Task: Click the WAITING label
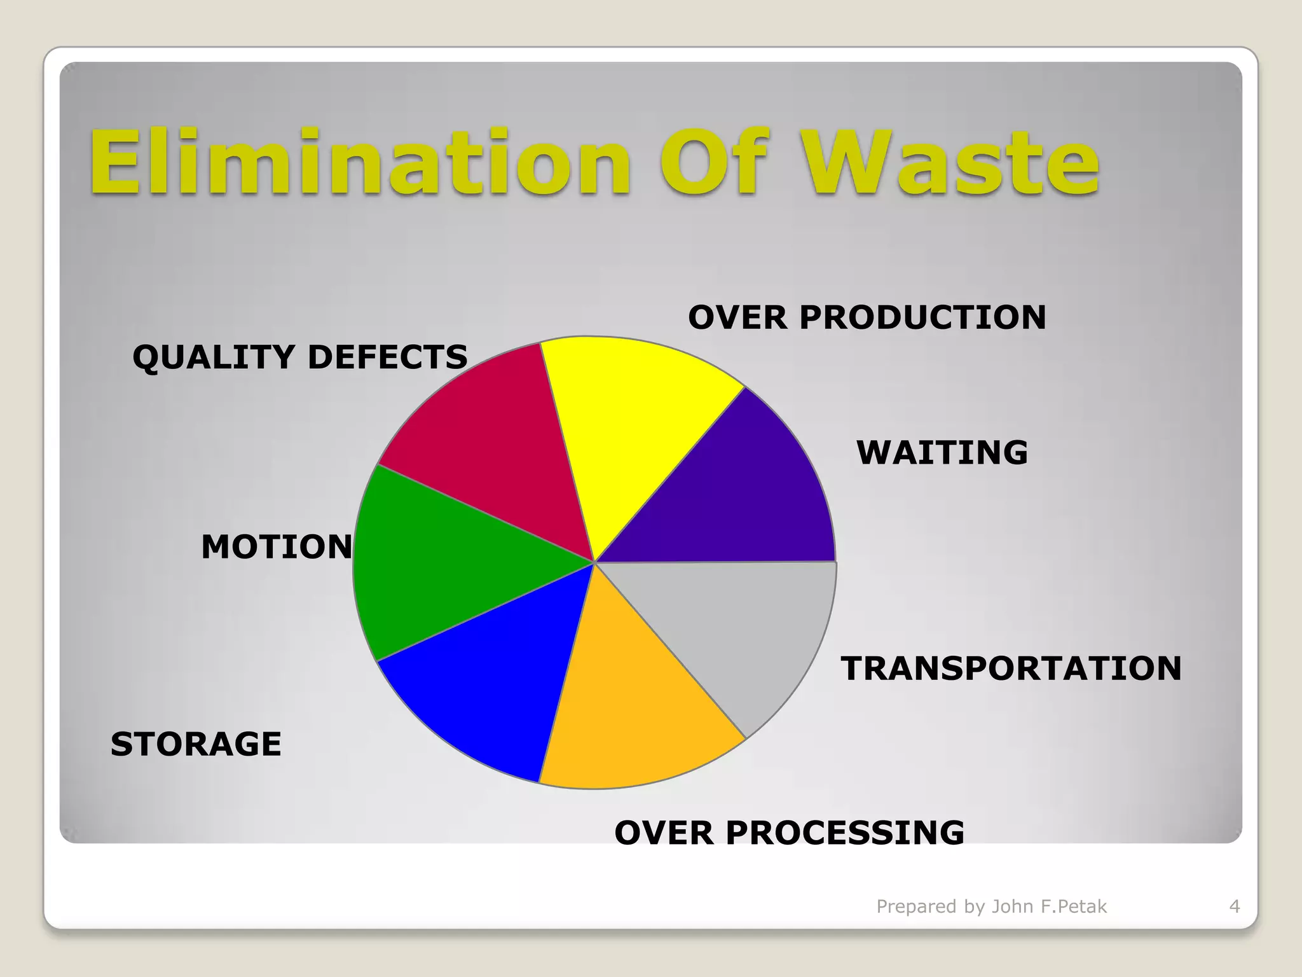(x=942, y=453)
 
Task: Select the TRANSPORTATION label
(x=1011, y=669)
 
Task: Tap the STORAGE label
(x=196, y=744)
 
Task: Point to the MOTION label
(x=277, y=547)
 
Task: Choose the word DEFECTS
(x=388, y=357)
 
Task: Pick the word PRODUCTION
(x=922, y=317)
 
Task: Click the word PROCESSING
(x=845, y=833)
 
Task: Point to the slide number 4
(x=1235, y=906)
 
